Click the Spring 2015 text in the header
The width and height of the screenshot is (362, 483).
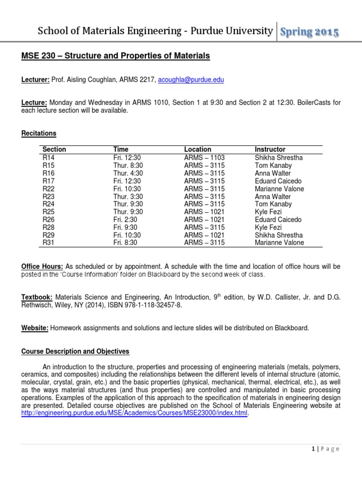point(309,32)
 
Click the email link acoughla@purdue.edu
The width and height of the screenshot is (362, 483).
point(184,80)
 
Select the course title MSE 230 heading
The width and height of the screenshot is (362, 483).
point(115,56)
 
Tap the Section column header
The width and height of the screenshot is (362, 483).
point(54,150)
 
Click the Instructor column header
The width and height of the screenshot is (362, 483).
point(270,150)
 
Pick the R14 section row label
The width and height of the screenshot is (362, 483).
point(49,158)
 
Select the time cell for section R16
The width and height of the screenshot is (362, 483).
point(128,173)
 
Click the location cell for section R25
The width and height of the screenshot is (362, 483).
point(204,212)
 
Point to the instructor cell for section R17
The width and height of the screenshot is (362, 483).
point(278,181)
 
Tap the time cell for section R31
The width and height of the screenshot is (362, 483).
point(126,243)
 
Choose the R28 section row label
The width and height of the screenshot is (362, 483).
point(49,227)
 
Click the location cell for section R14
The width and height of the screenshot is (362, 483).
point(204,158)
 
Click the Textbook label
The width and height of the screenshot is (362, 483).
point(38,298)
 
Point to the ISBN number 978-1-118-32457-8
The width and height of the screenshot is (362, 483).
point(152,305)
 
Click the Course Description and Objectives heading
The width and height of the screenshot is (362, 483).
point(75,351)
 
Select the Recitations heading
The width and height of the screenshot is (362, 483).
point(39,133)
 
